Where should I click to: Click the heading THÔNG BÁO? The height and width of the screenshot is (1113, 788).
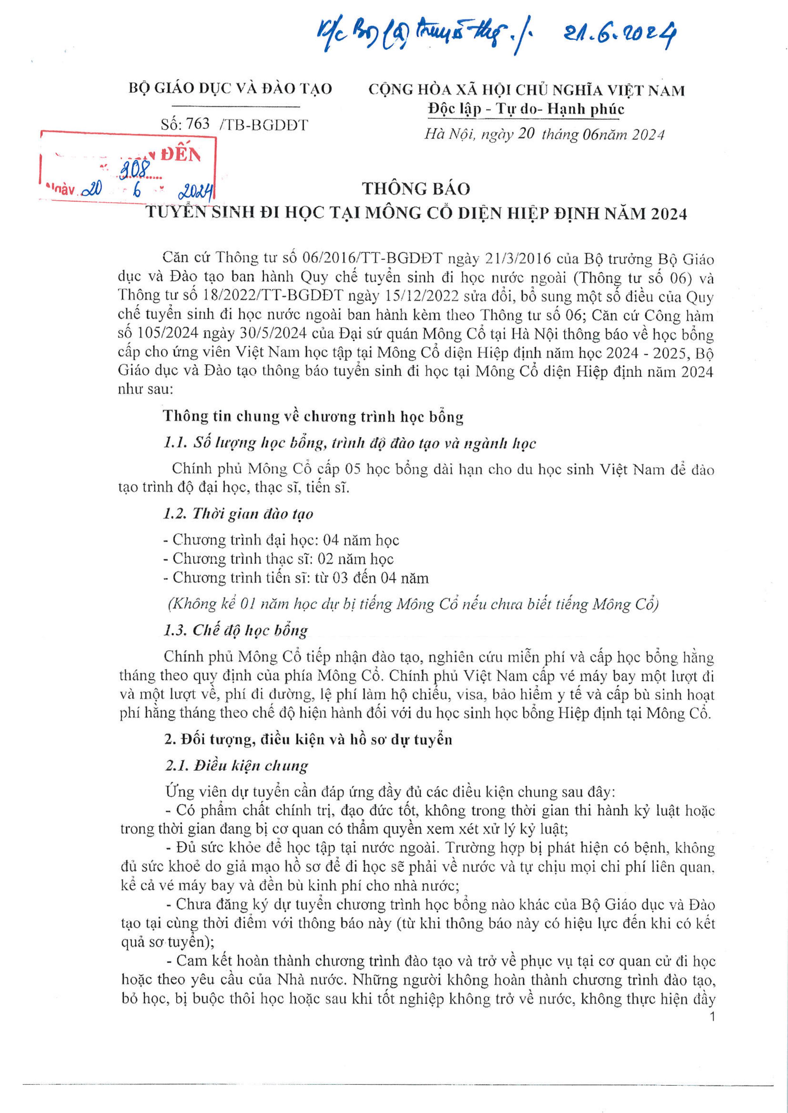416,189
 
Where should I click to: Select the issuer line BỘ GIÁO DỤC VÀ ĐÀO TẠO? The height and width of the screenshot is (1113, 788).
230,88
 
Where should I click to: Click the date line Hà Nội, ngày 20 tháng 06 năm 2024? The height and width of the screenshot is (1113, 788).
544,134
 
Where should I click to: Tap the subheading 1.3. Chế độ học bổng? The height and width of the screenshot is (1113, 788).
236,630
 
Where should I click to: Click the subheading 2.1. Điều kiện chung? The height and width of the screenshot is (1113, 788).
237,766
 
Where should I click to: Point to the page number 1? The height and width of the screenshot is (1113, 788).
712,1017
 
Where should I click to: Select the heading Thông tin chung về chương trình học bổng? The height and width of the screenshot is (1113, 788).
313,416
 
